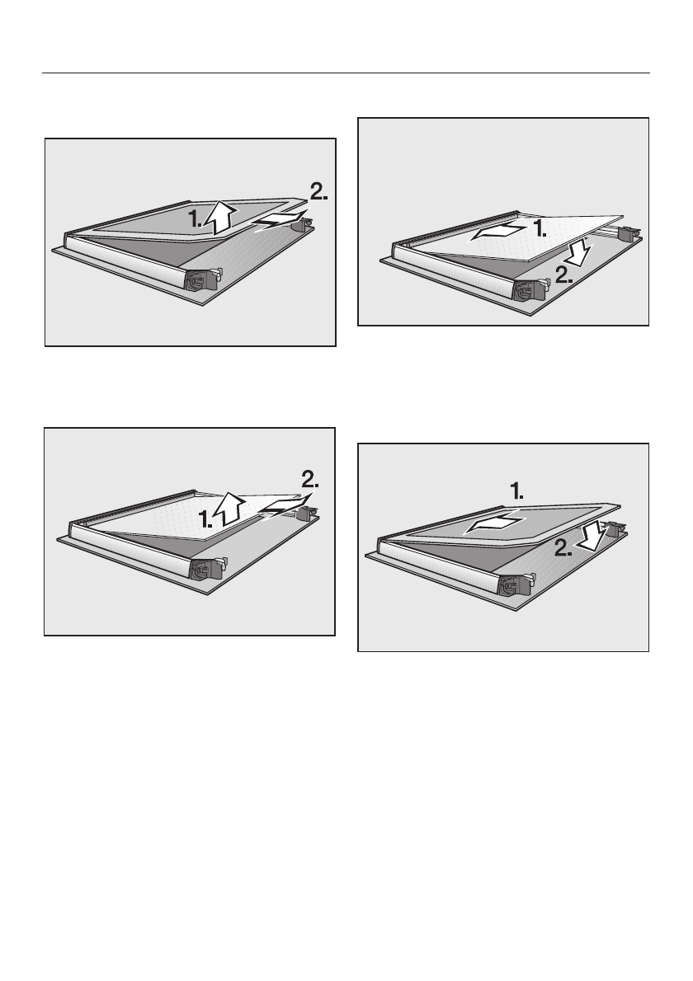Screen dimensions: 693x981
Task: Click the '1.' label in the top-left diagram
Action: (x=195, y=219)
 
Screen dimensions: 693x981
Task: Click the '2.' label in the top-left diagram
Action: (x=318, y=191)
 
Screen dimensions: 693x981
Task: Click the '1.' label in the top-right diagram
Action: (x=539, y=228)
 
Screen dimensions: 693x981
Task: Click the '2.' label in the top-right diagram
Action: (x=563, y=275)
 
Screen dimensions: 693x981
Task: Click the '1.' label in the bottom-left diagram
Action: (x=205, y=518)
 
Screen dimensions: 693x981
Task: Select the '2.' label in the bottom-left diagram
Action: (x=310, y=480)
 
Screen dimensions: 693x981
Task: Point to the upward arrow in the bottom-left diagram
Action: (x=229, y=508)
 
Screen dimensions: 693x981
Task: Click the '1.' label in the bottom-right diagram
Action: (x=516, y=492)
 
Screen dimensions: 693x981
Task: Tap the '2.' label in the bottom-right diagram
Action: (x=563, y=549)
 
